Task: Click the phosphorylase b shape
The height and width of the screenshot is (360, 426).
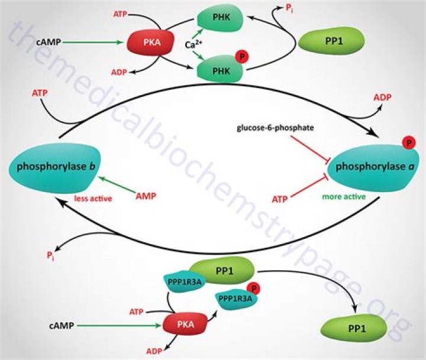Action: tap(50, 168)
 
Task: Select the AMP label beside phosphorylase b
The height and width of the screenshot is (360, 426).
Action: tap(147, 195)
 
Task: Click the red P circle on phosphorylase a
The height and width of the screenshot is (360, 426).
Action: tap(408, 143)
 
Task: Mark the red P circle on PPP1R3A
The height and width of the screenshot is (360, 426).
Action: tap(254, 288)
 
